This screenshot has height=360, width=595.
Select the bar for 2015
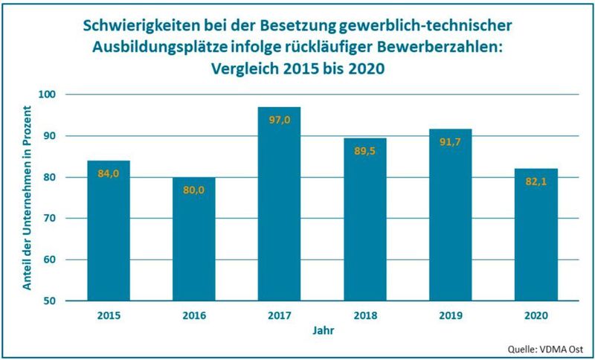coord(108,231)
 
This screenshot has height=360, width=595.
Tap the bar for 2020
coord(535,234)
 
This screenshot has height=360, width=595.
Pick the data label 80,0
coord(193,190)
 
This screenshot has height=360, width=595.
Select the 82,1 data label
coord(535,181)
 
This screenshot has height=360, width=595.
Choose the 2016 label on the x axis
coord(193,315)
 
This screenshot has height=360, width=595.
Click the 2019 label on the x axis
coord(450,315)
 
